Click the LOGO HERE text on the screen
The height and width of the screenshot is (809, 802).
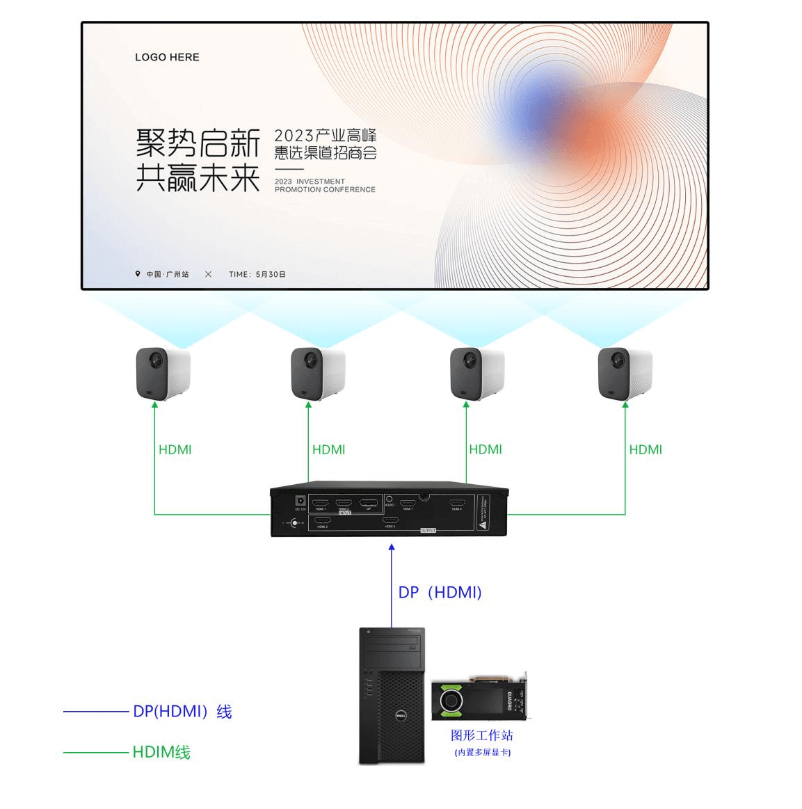pyautogui.click(x=167, y=57)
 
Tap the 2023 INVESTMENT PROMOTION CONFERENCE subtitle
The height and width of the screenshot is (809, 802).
pyautogui.click(x=325, y=186)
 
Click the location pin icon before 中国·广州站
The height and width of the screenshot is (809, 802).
pyautogui.click(x=138, y=274)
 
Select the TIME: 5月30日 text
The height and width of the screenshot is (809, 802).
pyautogui.click(x=257, y=274)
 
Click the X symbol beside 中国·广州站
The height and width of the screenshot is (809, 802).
pyautogui.click(x=208, y=274)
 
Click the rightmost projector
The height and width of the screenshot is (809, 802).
pyautogui.click(x=625, y=374)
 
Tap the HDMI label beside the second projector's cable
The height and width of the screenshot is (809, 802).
pyautogui.click(x=328, y=449)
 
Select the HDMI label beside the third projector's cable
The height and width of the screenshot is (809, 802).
pyautogui.click(x=485, y=449)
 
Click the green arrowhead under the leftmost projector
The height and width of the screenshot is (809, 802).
pyautogui.click(x=154, y=405)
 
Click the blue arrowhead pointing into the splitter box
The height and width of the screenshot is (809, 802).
pyautogui.click(x=392, y=548)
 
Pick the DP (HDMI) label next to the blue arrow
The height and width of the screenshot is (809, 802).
pyautogui.click(x=440, y=592)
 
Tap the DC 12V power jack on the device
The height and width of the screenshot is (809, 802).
pyautogui.click(x=300, y=502)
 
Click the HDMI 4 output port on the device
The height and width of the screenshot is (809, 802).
pyautogui.click(x=456, y=503)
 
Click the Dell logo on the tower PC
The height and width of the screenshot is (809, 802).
pyautogui.click(x=401, y=716)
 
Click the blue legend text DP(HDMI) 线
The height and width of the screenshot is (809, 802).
pyautogui.click(x=182, y=712)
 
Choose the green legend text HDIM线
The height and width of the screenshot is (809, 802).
pyautogui.click(x=161, y=752)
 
